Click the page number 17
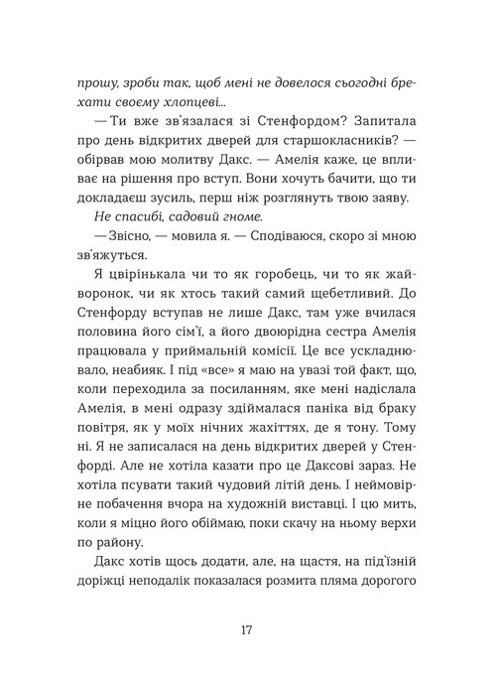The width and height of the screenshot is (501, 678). click(x=250, y=630)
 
